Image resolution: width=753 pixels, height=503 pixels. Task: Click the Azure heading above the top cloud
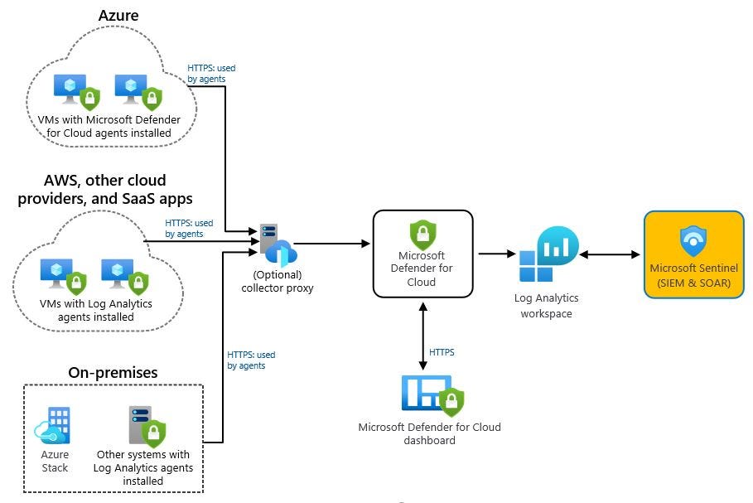tap(118, 15)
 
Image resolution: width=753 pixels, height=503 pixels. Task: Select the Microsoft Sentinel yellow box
tap(693, 254)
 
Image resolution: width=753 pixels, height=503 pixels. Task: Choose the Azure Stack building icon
tap(54, 425)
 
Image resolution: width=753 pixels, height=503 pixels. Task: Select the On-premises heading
tap(113, 372)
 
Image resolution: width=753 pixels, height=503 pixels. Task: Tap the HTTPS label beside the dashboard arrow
tap(442, 352)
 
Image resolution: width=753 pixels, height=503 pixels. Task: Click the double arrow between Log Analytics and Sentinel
tap(610, 254)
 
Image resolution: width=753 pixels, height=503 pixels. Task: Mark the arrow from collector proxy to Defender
tap(331, 244)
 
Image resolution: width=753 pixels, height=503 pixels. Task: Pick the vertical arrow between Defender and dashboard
tap(423, 331)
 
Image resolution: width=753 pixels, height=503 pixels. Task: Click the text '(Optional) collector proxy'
tap(278, 282)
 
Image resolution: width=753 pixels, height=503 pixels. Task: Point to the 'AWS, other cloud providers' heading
tap(105, 189)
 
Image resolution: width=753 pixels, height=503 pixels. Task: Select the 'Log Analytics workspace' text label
tap(546, 305)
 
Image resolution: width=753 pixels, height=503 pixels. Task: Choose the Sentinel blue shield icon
tap(693, 241)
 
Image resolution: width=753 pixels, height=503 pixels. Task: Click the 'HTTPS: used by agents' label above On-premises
tap(251, 360)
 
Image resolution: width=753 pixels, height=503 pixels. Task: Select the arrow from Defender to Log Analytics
tap(495, 254)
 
